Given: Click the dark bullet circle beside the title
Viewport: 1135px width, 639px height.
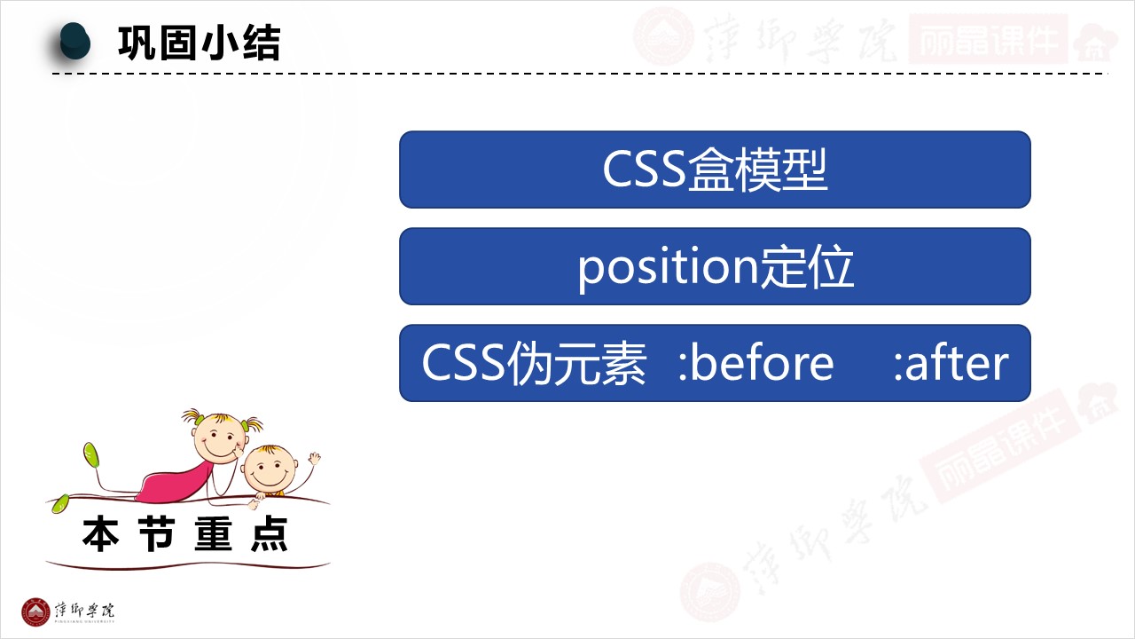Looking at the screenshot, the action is click(74, 42).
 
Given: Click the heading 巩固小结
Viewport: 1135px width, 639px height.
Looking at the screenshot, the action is click(200, 43).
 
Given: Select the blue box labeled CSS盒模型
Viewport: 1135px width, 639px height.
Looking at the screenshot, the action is click(715, 170).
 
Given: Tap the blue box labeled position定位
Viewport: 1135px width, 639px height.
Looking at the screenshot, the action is click(715, 266).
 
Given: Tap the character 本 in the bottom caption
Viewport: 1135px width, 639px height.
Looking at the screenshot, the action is click(100, 534).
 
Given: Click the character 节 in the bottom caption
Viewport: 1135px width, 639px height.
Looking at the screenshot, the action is click(157, 534).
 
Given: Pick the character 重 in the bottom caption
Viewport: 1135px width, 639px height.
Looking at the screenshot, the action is click(214, 534).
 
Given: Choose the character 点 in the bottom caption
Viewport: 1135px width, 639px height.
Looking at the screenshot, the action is click(270, 534).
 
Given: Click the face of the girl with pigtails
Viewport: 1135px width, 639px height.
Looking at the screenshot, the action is click(219, 438).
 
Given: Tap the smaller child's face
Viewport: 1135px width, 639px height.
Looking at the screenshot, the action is click(269, 469).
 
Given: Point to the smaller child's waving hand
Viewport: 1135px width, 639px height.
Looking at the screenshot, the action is click(314, 459).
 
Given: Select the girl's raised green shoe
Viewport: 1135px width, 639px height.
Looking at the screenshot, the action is click(91, 454).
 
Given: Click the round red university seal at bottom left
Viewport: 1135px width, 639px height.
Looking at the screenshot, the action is click(35, 612).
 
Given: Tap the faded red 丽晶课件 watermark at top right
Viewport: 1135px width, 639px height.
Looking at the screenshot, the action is click(988, 40).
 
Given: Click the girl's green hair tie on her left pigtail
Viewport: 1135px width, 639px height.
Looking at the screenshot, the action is click(200, 420).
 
